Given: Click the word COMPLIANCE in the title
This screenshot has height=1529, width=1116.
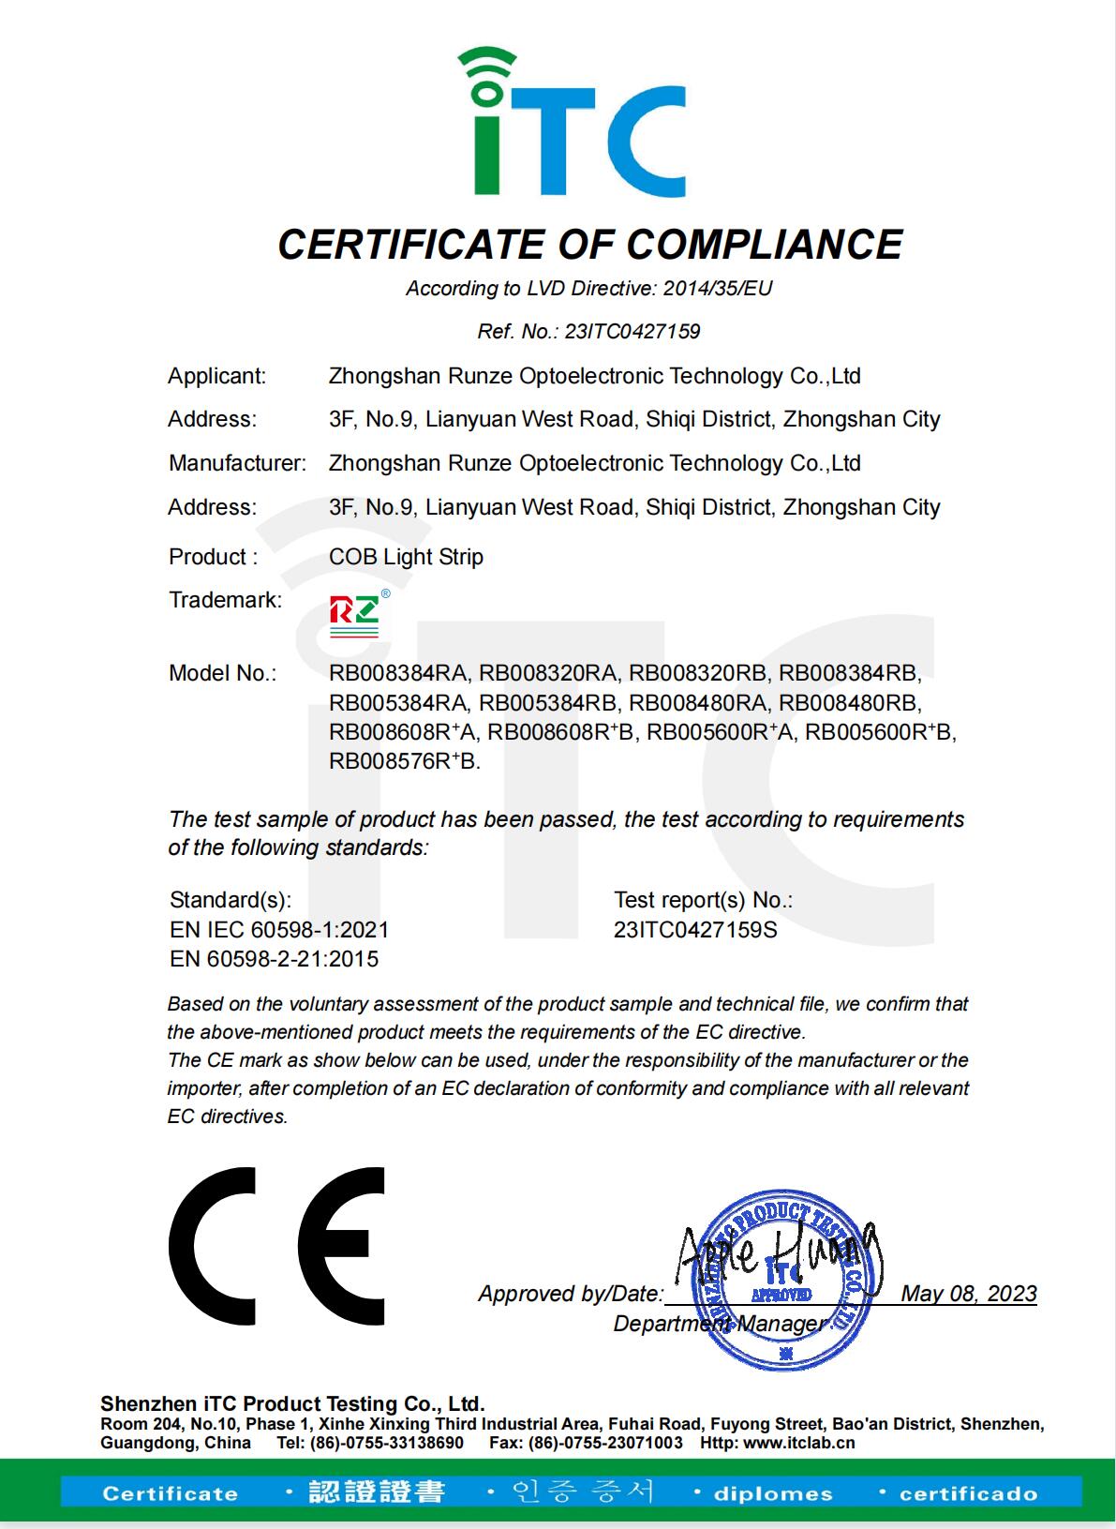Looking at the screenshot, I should coord(764,245).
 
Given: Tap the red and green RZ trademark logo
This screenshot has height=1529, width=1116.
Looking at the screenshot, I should coord(354,615).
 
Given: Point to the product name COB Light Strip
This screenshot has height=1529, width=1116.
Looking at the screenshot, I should coord(406,557).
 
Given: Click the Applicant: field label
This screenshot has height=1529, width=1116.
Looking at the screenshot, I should coord(216,376).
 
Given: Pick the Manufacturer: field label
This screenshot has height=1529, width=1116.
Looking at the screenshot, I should coord(237,463).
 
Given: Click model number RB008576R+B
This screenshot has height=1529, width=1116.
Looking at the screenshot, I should coord(405,761).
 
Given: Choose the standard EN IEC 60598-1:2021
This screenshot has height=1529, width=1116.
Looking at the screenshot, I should coord(279,930).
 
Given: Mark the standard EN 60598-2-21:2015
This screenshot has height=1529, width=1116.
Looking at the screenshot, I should coord(274,959).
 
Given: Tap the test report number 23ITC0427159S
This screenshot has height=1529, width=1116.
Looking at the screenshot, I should coord(695,930).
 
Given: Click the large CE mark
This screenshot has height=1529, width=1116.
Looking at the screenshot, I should coord(276,1246).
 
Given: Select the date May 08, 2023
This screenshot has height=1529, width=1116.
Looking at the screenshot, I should coord(969,1294).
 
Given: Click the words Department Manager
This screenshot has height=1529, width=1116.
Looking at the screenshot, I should coord(719,1324).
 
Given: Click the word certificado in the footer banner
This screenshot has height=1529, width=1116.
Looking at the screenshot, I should coord(968,1493).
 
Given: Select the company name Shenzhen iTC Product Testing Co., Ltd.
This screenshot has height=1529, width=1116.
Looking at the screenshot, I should coord(292,1404).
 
